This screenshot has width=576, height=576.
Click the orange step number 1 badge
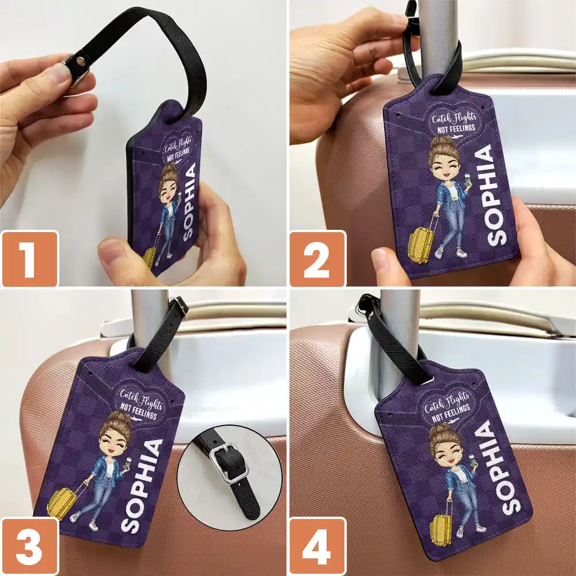point(29,259)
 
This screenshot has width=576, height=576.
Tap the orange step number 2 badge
point(317,259)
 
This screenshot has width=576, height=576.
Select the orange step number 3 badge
point(29,545)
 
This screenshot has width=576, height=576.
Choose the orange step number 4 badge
point(317,545)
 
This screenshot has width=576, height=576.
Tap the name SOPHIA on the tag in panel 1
point(189,202)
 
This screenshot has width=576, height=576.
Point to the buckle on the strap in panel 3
point(180,306)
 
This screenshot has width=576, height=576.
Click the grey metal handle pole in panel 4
point(399,340)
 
